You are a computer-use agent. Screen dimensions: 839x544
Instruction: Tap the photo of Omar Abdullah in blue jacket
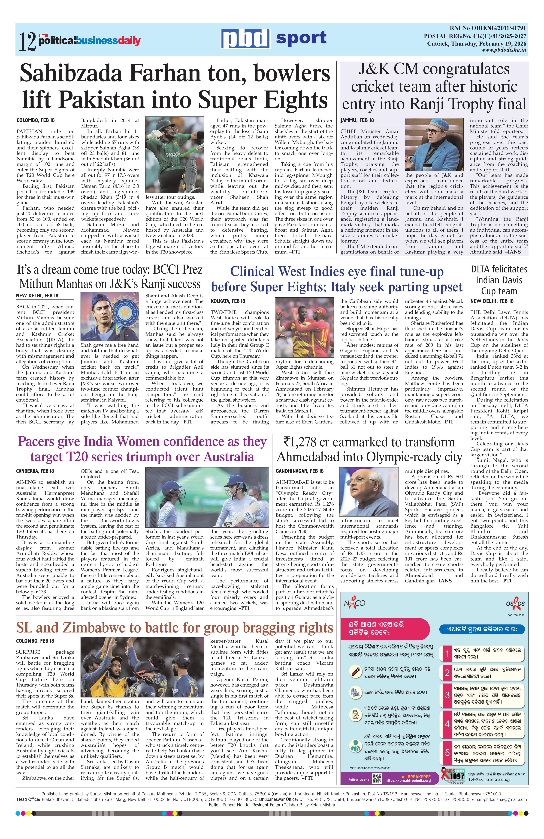[434, 145]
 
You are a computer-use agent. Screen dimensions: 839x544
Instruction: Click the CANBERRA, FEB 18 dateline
[35, 471]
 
